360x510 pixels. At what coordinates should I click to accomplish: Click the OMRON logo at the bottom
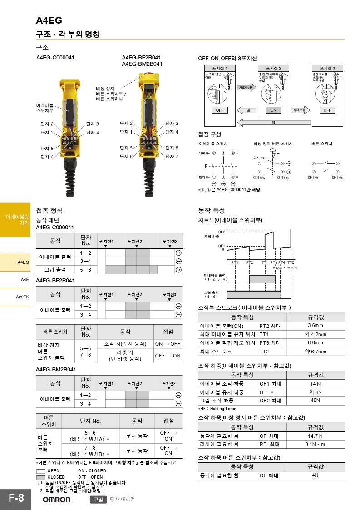[56, 500]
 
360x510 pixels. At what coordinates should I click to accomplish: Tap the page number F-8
[16, 498]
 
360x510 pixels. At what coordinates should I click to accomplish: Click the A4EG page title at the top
[49, 20]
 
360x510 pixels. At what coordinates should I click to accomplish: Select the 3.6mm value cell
[315, 326]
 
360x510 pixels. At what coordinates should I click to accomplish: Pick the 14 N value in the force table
[315, 383]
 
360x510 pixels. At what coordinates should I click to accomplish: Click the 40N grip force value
[315, 400]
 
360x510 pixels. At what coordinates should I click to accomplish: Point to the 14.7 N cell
[315, 436]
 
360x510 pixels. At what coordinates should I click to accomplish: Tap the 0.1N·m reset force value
[315, 444]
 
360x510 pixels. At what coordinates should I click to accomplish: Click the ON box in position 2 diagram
[273, 110]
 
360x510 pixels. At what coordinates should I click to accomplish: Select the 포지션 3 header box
[328, 68]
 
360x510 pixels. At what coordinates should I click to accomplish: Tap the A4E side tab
[25, 279]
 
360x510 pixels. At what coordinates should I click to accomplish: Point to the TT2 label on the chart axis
[291, 263]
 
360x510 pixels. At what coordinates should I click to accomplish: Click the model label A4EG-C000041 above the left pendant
[55, 58]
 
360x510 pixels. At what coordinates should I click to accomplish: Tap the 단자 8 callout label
[172, 148]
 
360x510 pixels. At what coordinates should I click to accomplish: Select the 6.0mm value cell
[315, 342]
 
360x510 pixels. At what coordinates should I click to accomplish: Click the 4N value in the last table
[315, 475]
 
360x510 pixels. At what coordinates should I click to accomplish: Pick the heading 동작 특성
[212, 211]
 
